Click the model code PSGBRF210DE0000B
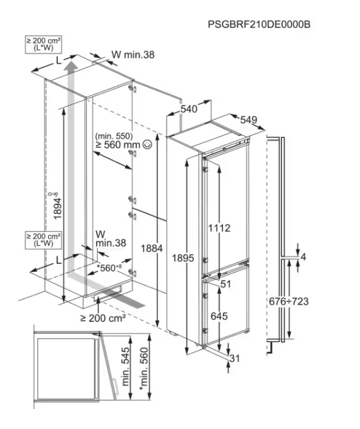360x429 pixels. tap(259, 24)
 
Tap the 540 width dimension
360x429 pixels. tap(189, 109)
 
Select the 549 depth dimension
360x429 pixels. tap(249, 120)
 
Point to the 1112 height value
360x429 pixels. tap(219, 228)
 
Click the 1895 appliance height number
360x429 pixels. tap(183, 258)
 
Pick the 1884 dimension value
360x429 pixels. tap(152, 248)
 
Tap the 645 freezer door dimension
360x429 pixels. tap(219, 316)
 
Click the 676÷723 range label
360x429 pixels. tap(288, 301)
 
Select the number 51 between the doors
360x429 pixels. tap(226, 284)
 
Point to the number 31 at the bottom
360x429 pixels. tap(234, 358)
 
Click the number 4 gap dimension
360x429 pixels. tap(303, 257)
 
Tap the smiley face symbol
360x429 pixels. tap(147, 144)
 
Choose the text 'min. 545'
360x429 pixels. tap(125, 366)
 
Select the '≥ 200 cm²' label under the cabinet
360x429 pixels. tap(103, 318)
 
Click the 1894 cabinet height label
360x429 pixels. tap(56, 206)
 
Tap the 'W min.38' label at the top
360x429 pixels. tap(133, 55)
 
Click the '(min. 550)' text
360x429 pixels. tap(114, 136)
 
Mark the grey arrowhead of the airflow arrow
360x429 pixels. tap(72, 66)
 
